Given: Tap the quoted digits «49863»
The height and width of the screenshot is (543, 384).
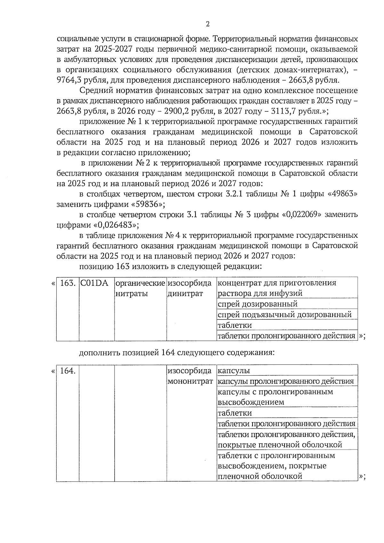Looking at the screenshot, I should click(x=342, y=194).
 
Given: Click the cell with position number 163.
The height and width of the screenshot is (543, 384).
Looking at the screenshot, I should click(x=68, y=283).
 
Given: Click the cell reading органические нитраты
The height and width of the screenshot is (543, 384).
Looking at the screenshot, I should click(x=140, y=288).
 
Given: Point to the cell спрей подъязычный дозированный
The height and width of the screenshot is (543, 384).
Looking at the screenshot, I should click(x=284, y=315).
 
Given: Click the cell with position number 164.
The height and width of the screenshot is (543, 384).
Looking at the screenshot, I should click(x=68, y=371).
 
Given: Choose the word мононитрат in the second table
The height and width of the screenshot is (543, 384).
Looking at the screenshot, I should click(x=190, y=381).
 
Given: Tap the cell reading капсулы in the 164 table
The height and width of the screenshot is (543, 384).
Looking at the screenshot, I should click(x=234, y=371).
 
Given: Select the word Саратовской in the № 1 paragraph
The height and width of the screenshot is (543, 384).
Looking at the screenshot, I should click(x=333, y=132).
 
